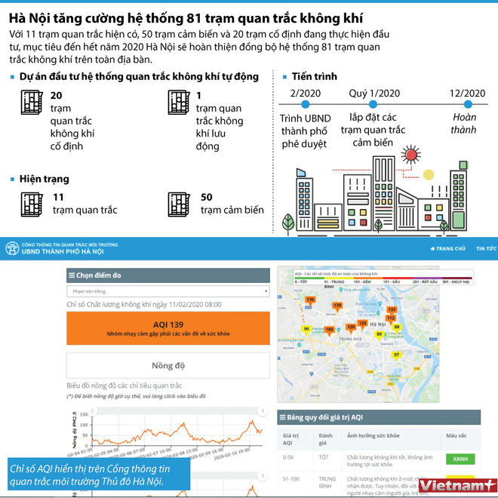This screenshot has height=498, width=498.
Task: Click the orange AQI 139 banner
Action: point(168,328)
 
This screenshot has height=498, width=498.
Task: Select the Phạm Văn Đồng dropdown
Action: point(168,290)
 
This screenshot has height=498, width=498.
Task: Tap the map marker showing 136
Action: point(309,300)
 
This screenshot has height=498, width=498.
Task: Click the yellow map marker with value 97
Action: point(396,355)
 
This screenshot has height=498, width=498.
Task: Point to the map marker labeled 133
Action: point(391,310)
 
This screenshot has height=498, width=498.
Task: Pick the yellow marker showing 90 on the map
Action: point(306,329)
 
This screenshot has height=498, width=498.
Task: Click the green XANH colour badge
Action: point(460,458)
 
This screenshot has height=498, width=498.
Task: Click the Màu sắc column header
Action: point(456,436)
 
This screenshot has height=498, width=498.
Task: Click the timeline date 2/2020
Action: point(304,93)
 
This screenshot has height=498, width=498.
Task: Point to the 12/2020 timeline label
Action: point(467,93)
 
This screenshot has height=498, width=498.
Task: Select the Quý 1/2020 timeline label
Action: point(374,93)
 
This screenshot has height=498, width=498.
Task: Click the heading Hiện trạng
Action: point(44,179)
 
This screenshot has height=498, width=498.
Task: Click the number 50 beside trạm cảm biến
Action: point(207,197)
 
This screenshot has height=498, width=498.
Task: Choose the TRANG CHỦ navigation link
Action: point(448,248)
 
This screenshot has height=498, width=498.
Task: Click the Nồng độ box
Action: point(168,365)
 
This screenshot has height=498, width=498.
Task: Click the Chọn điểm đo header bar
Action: point(168,275)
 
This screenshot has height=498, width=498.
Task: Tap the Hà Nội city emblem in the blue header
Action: point(12,248)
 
